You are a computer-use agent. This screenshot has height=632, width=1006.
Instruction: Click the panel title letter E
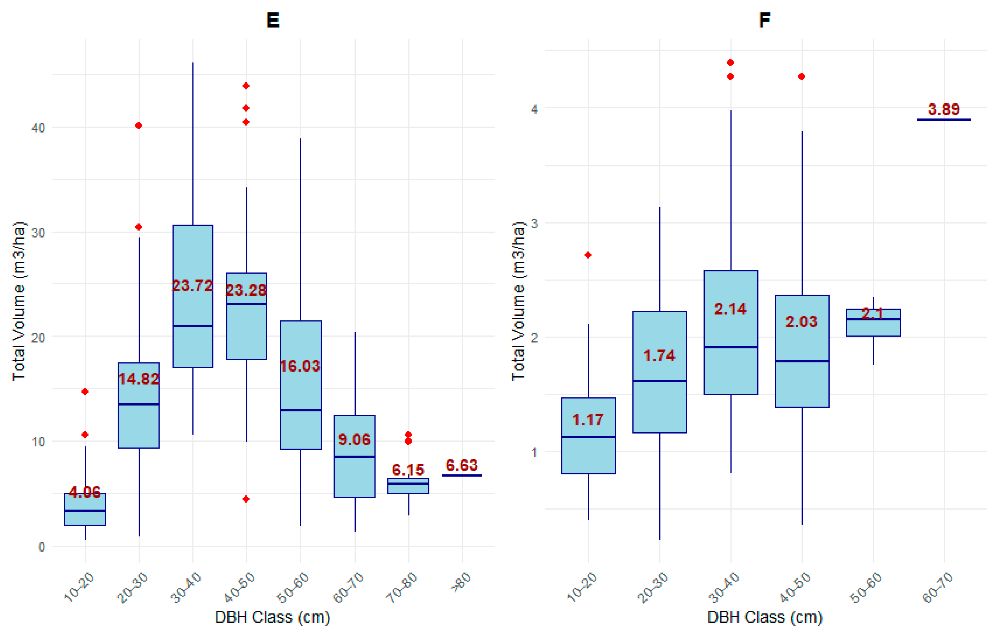coord(273,20)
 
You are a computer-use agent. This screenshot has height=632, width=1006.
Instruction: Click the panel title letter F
coord(764,20)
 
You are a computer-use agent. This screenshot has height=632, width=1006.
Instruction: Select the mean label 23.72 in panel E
coord(193,285)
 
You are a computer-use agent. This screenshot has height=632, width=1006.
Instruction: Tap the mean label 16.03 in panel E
coord(300,366)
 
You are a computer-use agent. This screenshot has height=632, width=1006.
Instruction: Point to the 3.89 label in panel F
coord(944,109)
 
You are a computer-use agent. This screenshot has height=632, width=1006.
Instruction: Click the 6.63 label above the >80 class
coord(462,465)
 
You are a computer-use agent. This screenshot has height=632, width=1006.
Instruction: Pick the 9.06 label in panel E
coord(354,439)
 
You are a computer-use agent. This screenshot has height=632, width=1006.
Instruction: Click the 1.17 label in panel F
coord(588,419)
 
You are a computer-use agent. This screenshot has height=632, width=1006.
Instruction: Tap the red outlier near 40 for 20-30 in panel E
coord(139,126)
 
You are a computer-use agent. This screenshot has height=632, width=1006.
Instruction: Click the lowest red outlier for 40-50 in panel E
coord(246,499)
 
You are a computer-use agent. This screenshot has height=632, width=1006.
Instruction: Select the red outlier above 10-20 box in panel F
coord(588,255)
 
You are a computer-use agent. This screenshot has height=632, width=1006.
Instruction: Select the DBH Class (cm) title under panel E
coord(272,617)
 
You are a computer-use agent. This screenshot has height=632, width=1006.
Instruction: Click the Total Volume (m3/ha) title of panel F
coord(518,301)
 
